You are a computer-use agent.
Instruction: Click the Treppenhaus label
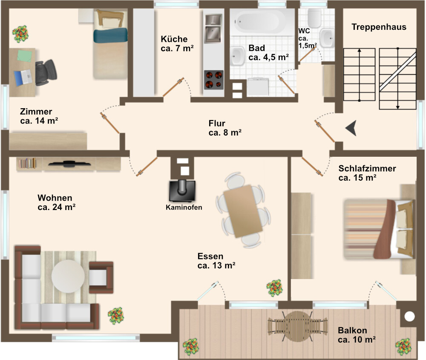tap(379, 27)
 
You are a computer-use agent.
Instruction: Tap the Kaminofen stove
tap(182, 190)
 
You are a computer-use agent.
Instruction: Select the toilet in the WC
tap(314, 18)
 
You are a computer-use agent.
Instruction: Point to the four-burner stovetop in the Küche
tap(214, 80)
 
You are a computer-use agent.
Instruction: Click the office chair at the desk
tap(46, 72)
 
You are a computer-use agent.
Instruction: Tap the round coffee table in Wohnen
tap(68, 276)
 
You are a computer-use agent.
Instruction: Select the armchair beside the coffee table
tap(101, 277)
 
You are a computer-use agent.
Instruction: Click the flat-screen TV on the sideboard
tap(69, 164)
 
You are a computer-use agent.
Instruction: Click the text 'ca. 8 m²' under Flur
tap(225, 132)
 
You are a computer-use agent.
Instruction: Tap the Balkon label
tap(352, 330)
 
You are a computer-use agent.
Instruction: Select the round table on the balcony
tap(297, 326)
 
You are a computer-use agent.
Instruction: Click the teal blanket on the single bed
tap(111, 36)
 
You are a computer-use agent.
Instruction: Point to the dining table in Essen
tap(243, 211)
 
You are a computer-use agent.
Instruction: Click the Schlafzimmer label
tap(367, 168)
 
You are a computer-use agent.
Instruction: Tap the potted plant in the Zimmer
tap(20, 34)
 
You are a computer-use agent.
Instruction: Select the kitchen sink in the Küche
tap(213, 29)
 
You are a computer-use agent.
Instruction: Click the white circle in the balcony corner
tap(409, 316)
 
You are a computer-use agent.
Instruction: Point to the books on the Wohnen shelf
tap(27, 163)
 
